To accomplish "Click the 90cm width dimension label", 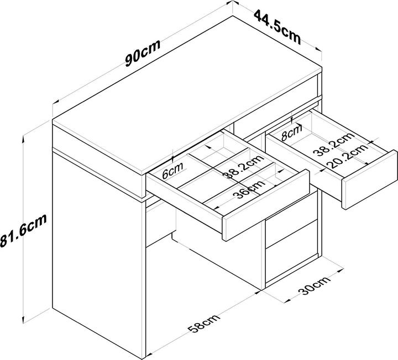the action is [143, 53].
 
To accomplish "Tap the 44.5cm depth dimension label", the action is [277, 27].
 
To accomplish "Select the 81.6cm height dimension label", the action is [23, 230].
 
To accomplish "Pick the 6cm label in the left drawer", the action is [172, 171].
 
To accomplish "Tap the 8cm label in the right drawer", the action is [292, 133].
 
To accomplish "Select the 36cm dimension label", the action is [249, 189].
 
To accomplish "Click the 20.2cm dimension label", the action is [347, 157].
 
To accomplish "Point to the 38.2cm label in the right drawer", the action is [334, 143].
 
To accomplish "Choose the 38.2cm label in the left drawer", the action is [243, 167].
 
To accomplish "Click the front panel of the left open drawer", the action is [266, 205].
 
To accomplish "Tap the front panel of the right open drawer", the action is [370, 179].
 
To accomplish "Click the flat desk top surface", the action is [187, 96].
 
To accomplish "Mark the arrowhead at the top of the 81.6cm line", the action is [24, 138].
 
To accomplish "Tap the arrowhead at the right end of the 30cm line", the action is [341, 271].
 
